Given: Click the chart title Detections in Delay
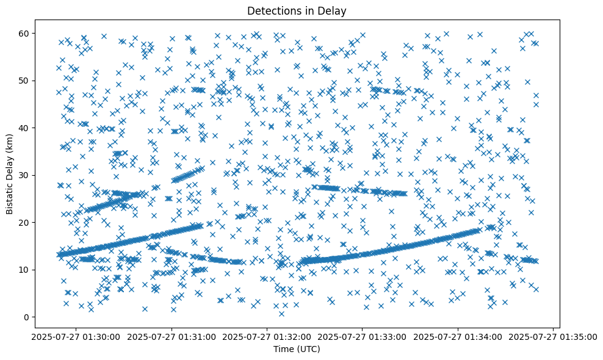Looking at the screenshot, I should coord(297,10).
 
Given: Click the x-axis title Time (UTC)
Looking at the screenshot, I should coord(297,349).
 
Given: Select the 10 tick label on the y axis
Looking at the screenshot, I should coord(24,270).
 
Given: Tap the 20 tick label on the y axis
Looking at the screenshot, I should coord(24,222).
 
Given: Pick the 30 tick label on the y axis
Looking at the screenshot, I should coord(24,175).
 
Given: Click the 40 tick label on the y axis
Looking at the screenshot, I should coord(24,128).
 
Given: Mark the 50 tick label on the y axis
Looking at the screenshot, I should coord(24,81).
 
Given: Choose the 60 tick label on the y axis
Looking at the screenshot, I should coord(24,33).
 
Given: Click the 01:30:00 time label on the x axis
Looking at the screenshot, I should coord(76,336).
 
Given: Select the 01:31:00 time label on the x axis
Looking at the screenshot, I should coord(172,336).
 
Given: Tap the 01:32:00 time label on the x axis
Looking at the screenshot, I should coord(267,336).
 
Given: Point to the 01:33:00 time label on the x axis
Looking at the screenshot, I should coord(363,336).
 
